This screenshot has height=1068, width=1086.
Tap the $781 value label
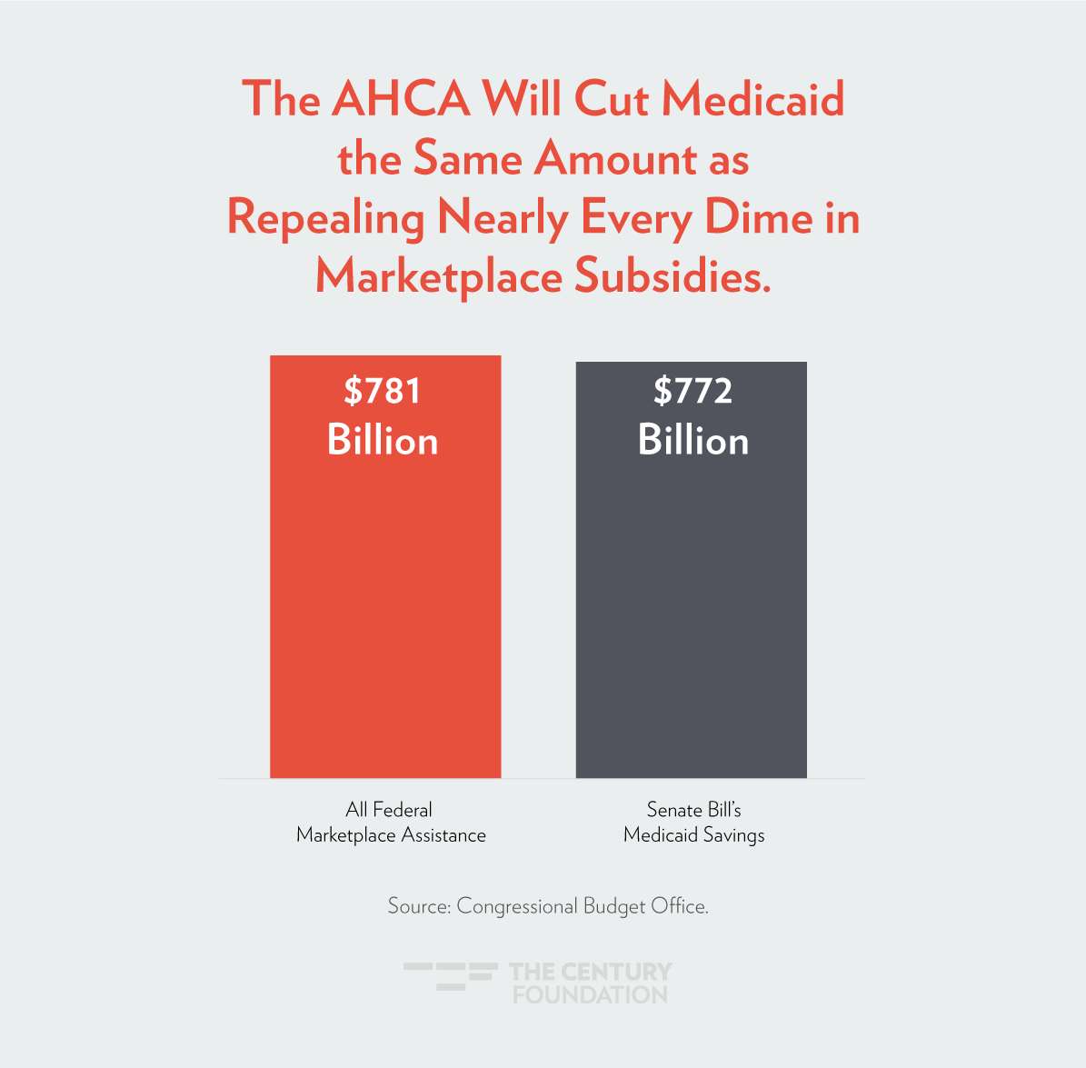click(383, 391)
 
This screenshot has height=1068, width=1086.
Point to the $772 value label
click(692, 391)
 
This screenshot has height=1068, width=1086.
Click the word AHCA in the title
click(400, 98)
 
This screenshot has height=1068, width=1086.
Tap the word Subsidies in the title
click(673, 276)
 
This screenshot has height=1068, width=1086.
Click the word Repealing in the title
click(325, 220)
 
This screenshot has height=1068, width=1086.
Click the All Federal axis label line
click(389, 809)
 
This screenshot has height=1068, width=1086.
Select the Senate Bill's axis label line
click(694, 809)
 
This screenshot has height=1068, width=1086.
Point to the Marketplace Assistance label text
click(391, 835)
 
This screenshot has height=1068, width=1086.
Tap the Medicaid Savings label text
click(694, 835)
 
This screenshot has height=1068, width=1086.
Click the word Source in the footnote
click(417, 906)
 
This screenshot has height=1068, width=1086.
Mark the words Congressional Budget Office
click(582, 906)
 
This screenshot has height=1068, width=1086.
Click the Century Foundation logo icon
click(451, 975)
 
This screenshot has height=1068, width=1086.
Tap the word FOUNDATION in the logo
click(591, 994)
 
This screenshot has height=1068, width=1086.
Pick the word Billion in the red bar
click(383, 441)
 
